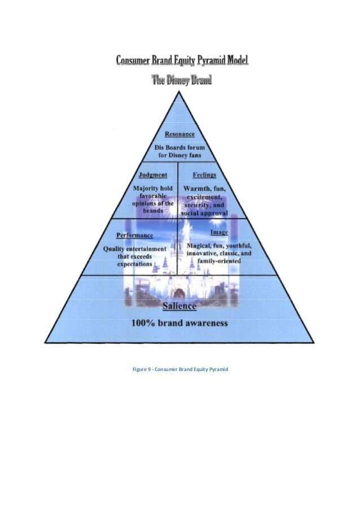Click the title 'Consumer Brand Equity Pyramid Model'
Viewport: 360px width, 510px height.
tap(182, 60)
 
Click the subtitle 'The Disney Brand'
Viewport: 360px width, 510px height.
tap(181, 80)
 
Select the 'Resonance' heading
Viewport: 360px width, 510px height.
tap(179, 134)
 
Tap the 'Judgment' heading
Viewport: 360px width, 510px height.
tap(152, 175)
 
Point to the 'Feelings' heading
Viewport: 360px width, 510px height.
tap(204, 175)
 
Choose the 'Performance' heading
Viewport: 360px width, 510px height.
tap(134, 235)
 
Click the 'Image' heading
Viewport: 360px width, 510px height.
tap(219, 233)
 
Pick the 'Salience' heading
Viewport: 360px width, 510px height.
tap(179, 306)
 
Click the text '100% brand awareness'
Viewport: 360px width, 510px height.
tap(179, 324)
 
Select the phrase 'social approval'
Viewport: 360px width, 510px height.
tap(204, 215)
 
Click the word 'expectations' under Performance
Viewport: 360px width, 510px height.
tap(134, 264)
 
